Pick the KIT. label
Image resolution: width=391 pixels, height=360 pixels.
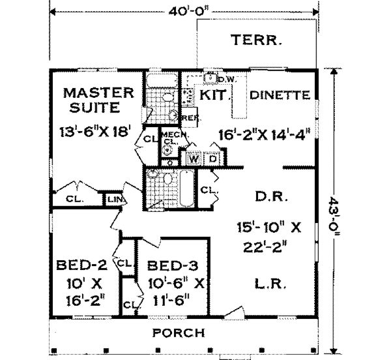[215, 95]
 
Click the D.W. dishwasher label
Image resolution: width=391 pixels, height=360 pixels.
[226, 80]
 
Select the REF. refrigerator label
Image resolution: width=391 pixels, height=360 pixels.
[190, 118]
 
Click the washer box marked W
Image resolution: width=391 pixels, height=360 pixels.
[194, 158]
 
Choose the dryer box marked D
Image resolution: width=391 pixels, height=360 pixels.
[212, 158]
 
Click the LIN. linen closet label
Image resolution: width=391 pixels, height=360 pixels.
[113, 198]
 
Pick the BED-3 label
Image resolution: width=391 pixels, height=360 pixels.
[170, 266]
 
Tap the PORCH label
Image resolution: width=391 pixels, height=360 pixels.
[179, 333]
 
